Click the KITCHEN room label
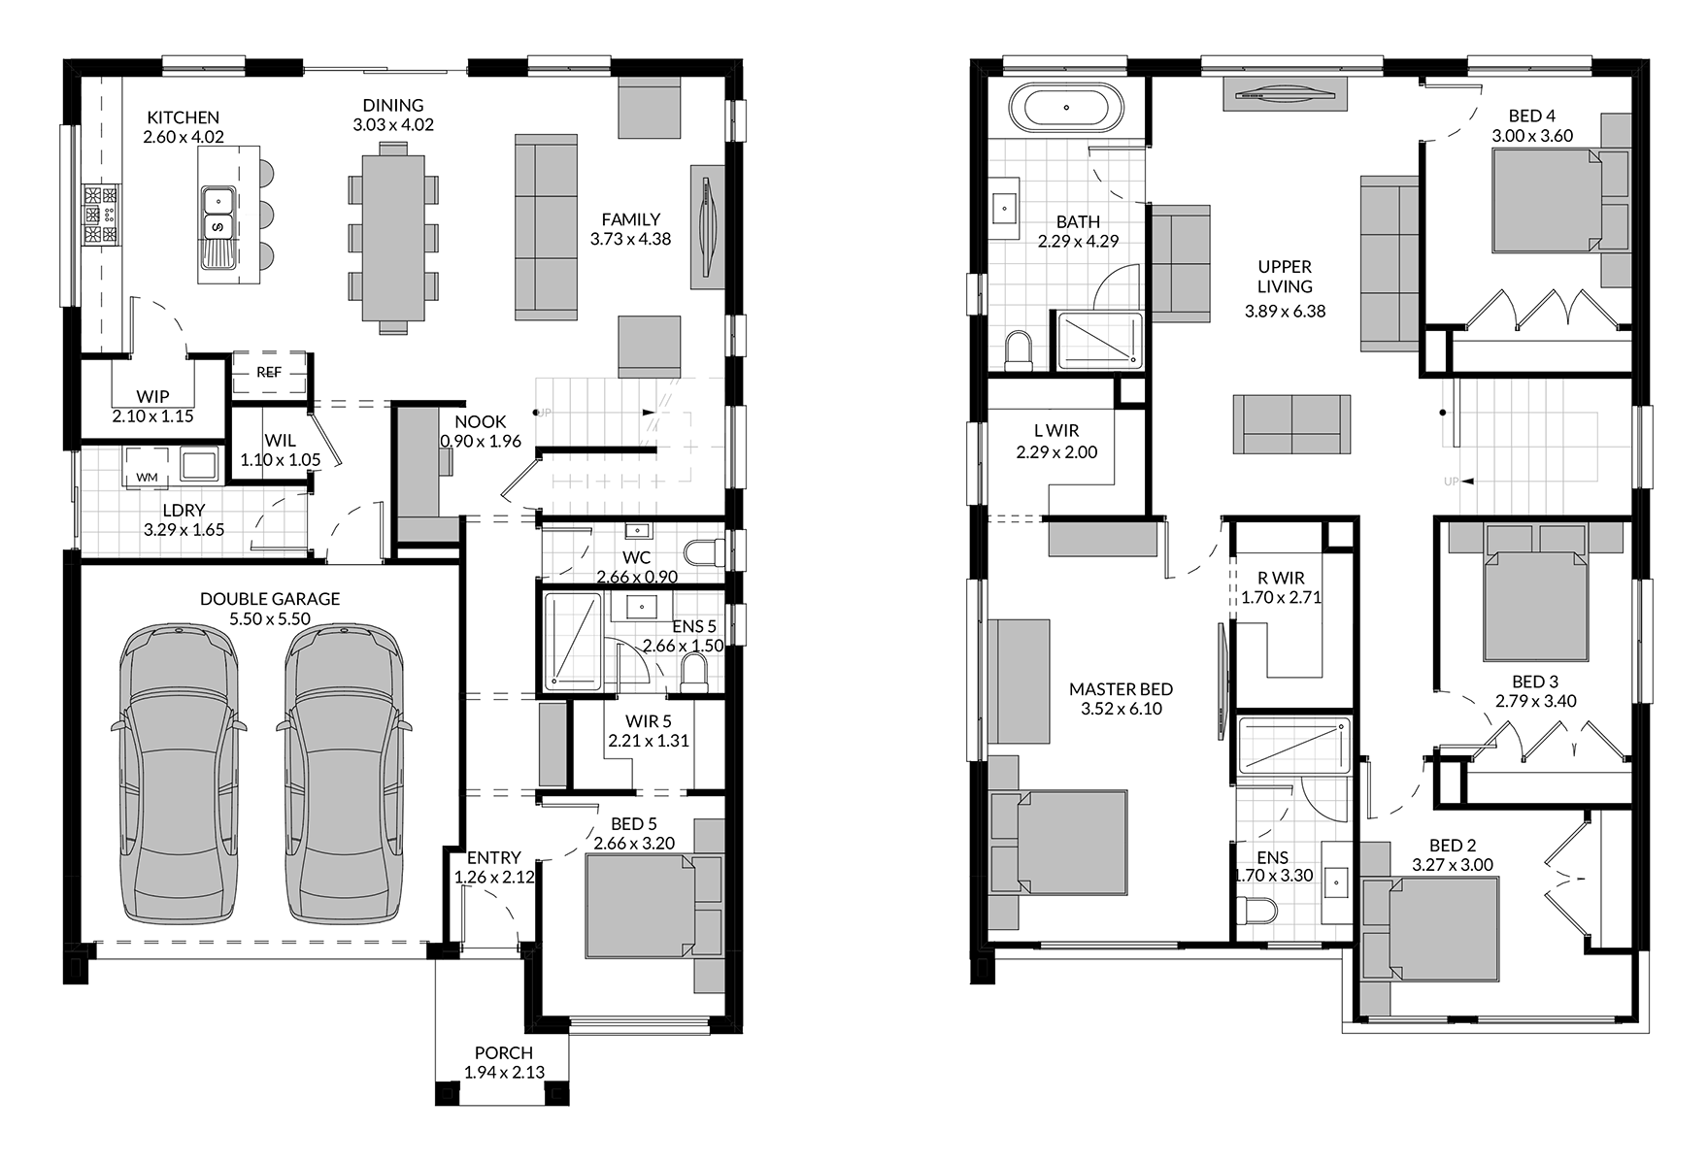pyautogui.click(x=184, y=117)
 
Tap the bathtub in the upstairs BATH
pyautogui.click(x=1066, y=107)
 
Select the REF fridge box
pyautogui.click(x=269, y=373)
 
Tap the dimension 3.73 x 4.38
pyautogui.click(x=630, y=239)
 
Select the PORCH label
pyautogui.click(x=504, y=1052)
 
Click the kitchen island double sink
pyautogui.click(x=217, y=227)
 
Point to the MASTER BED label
pyautogui.click(x=1121, y=689)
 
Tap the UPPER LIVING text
pyautogui.click(x=1285, y=277)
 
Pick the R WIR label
pyautogui.click(x=1281, y=579)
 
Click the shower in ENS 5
pyautogui.click(x=573, y=642)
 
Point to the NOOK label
pyautogui.click(x=481, y=421)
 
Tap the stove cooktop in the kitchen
pyautogui.click(x=101, y=215)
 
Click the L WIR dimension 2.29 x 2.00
pyautogui.click(x=1056, y=452)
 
